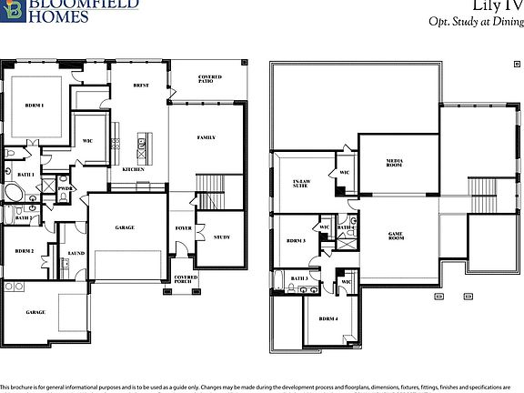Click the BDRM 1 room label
(x=34, y=106)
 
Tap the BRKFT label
(x=141, y=86)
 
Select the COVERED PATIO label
(x=210, y=79)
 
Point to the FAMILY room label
(x=207, y=137)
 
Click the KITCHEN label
(x=134, y=169)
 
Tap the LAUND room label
(x=77, y=255)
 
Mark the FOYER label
(x=183, y=229)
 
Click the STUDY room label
(x=222, y=237)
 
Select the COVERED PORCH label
(x=186, y=279)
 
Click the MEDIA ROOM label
(x=395, y=163)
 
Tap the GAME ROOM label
(x=396, y=235)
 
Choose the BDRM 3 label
(x=295, y=241)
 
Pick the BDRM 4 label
(x=327, y=319)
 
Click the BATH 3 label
(x=299, y=277)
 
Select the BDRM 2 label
(x=25, y=250)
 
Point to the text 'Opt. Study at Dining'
(x=474, y=23)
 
